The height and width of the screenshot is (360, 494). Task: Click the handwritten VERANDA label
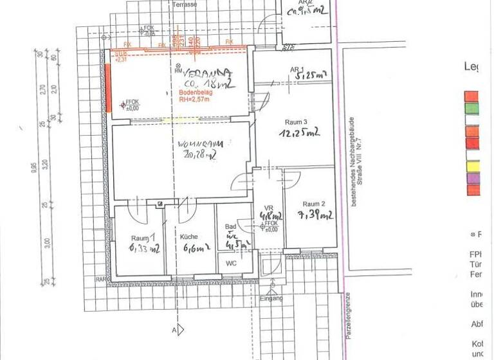[x=205, y=73]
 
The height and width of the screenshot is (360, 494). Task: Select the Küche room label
[x=188, y=236]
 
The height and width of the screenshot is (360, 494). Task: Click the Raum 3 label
[x=296, y=122]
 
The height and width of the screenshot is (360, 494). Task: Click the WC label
[x=231, y=263]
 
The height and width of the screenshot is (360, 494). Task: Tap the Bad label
[x=230, y=227]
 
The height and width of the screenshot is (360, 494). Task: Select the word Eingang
[x=271, y=298]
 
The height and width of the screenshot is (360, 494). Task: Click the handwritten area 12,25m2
[x=299, y=133]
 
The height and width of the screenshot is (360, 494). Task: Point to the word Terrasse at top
[x=185, y=4]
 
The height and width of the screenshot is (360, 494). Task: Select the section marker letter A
[x=174, y=330]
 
